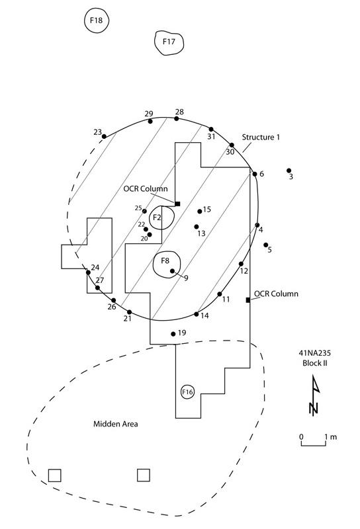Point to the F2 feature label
157,218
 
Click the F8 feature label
165,261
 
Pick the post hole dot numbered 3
289,171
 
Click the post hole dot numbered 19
173,334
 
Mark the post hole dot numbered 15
200,212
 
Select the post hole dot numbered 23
104,136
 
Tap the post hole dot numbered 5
266,245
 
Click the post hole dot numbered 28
176,118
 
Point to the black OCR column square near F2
177,204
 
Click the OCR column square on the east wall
248,300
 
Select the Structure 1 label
261,137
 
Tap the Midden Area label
116,424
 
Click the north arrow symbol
315,395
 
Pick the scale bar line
314,445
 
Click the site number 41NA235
315,353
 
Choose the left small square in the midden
55,475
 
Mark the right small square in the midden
144,475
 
